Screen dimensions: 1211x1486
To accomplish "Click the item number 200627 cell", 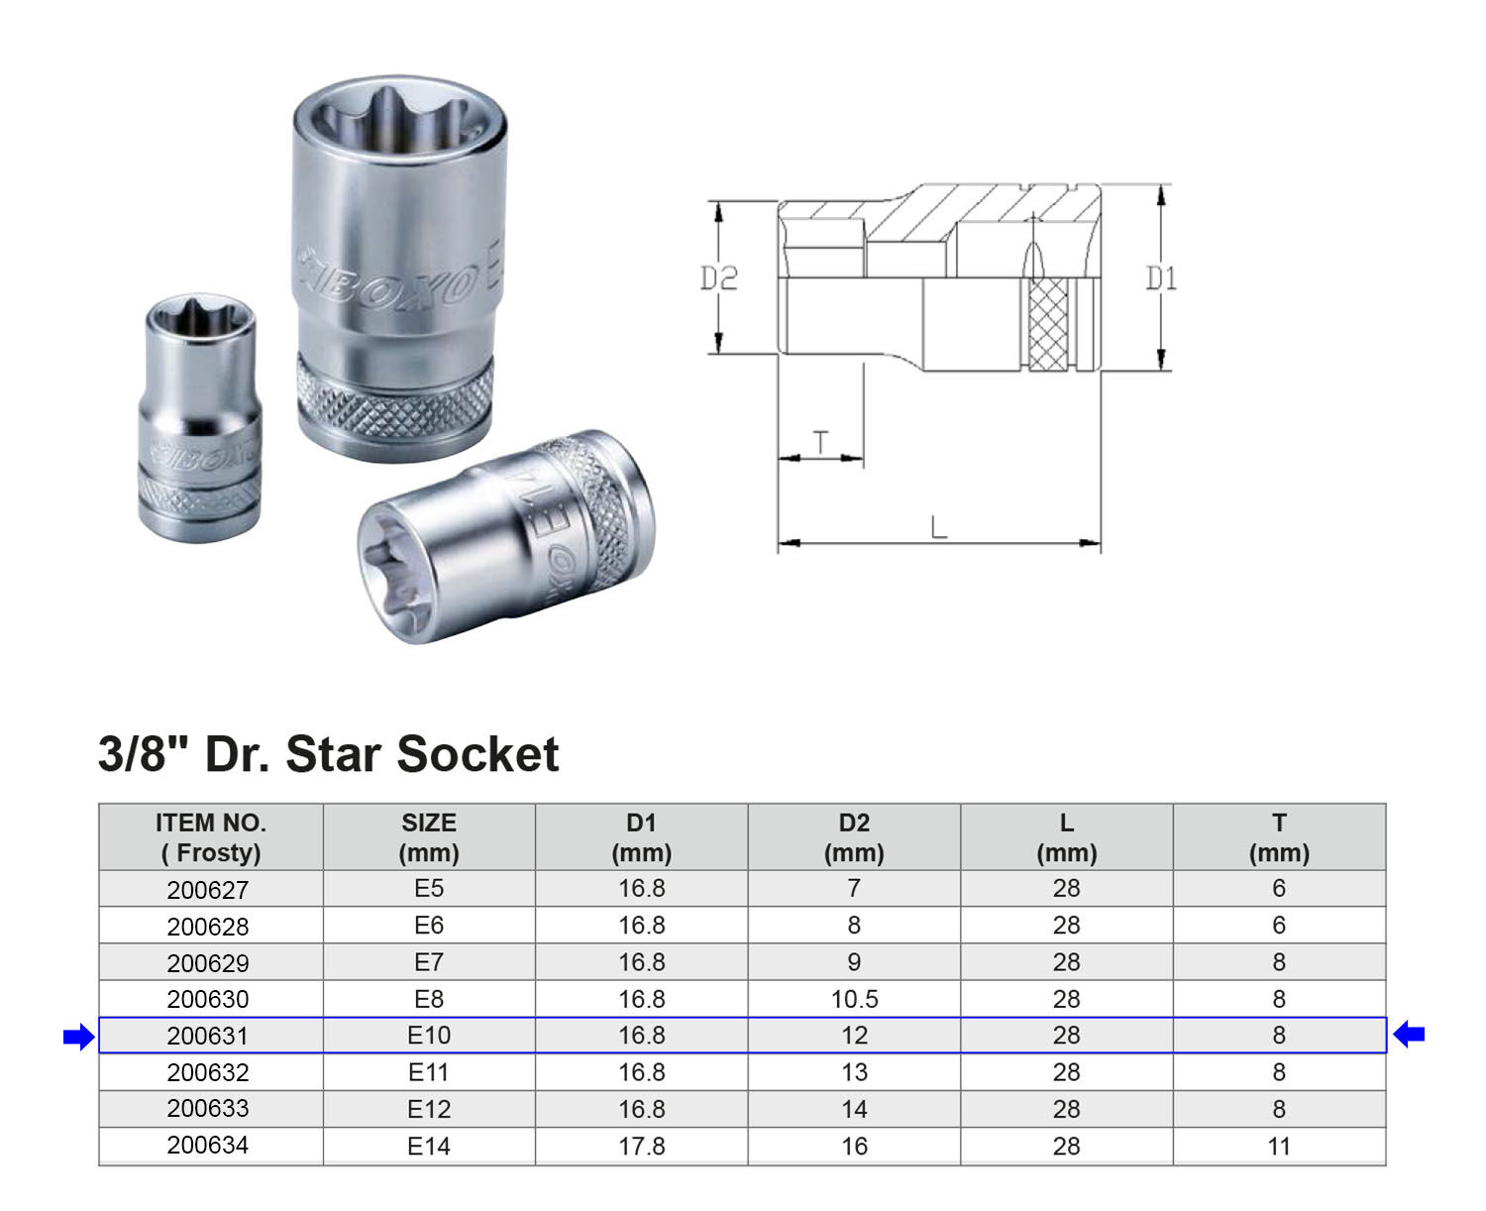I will [208, 890].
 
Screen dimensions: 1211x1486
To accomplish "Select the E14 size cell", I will [429, 1147].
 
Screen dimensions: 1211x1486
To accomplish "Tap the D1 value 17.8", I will [641, 1147].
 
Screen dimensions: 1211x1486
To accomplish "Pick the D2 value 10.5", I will [854, 999].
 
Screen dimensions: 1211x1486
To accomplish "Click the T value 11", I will [1279, 1147].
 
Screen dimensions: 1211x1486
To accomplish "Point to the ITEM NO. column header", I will [210, 837].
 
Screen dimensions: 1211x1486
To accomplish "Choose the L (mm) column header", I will [1066, 837].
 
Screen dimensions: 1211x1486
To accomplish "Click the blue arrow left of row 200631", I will [78, 1038].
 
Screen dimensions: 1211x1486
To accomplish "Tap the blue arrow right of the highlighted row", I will [1409, 1035].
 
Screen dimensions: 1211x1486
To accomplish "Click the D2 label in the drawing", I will [719, 278].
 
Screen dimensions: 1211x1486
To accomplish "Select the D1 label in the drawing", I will [1161, 278].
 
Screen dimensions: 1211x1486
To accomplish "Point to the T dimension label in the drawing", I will [821, 442].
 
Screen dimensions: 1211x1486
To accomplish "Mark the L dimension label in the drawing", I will [938, 527].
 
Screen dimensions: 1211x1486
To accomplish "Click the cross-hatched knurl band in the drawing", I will [1047, 324].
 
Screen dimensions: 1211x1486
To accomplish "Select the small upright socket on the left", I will [200, 416].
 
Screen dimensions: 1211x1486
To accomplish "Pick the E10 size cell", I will [429, 1036].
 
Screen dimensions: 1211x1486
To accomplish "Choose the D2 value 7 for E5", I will [854, 889].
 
